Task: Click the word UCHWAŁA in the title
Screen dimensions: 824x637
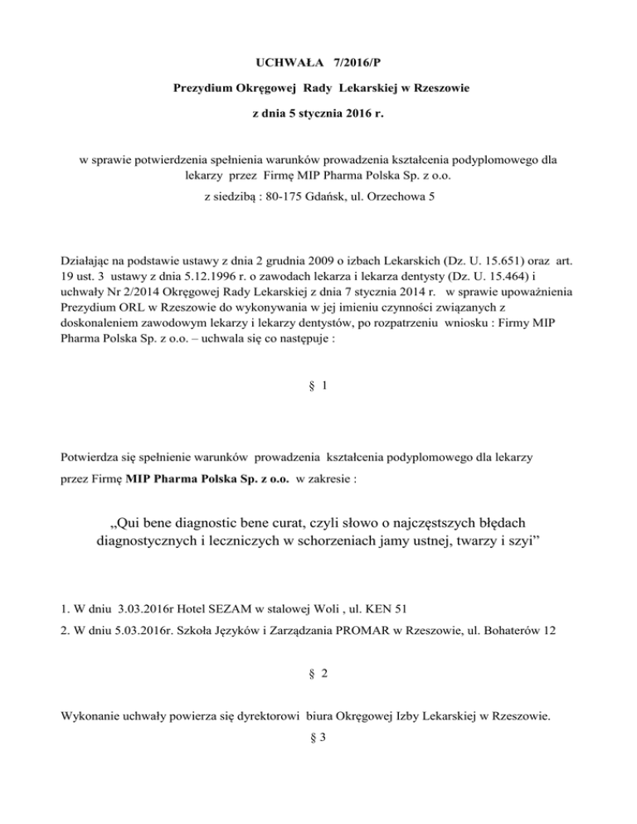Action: click(289, 63)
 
